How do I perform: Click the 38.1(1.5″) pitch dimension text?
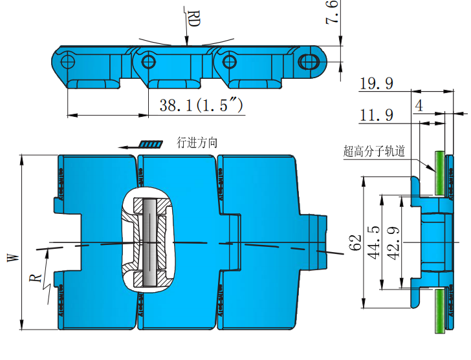click(x=201, y=105)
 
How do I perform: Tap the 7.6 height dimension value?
click(x=331, y=14)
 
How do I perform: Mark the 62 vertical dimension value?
click(x=355, y=243)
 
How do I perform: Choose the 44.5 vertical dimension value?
click(x=373, y=243)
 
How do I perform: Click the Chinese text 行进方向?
click(x=197, y=143)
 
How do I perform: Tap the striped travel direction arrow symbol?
click(x=151, y=144)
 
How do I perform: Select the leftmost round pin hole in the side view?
click(x=69, y=61)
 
